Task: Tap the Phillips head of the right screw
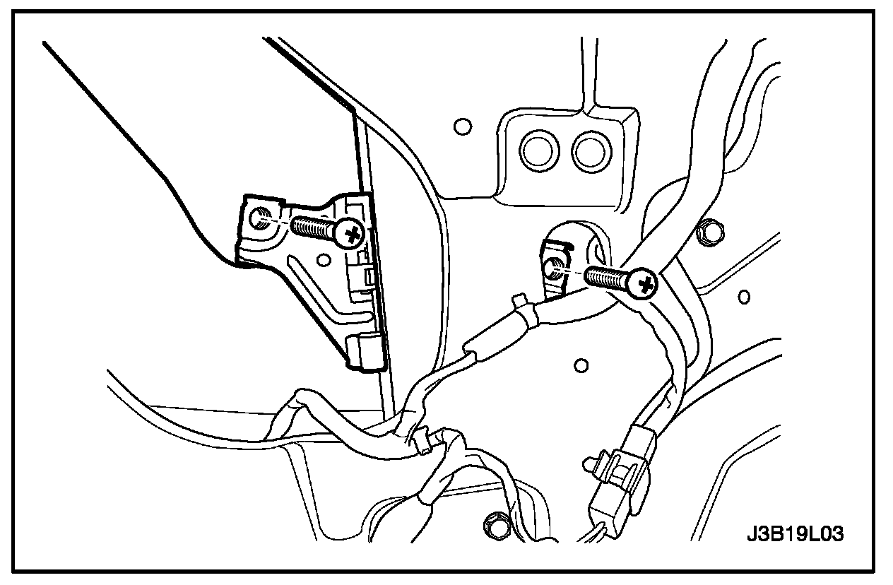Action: (x=644, y=285)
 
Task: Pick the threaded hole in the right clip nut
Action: (x=555, y=266)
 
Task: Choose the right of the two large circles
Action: (x=590, y=150)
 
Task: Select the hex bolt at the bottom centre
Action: (x=492, y=526)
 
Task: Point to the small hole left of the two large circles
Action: (x=462, y=127)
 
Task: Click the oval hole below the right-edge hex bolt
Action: (x=743, y=296)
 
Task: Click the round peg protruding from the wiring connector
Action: (x=588, y=463)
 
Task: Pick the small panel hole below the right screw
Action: (x=581, y=365)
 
